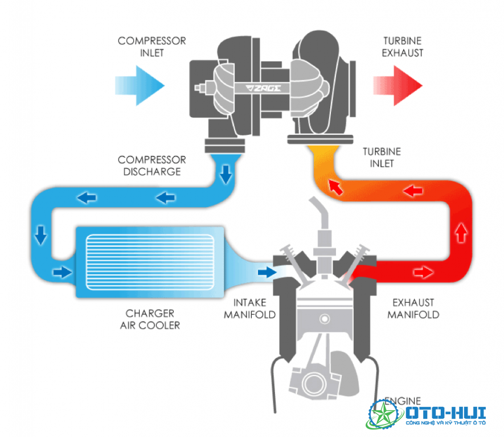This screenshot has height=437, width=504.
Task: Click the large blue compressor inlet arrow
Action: (140, 86)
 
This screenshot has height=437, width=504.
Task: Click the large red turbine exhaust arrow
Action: (398, 86)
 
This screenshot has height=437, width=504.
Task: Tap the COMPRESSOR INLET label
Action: (151, 47)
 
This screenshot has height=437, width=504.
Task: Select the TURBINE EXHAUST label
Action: (403, 47)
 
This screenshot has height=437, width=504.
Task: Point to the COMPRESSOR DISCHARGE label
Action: (151, 166)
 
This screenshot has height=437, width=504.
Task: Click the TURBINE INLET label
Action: (382, 158)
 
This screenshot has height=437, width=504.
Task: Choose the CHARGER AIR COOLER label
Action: (150, 319)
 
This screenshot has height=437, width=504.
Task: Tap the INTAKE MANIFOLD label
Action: (250, 308)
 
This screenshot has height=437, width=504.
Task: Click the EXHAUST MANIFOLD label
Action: (413, 308)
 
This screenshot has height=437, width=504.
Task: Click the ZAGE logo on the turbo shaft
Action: (263, 88)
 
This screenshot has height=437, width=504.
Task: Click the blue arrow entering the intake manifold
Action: (267, 273)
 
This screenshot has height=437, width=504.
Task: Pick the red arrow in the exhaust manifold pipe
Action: (424, 273)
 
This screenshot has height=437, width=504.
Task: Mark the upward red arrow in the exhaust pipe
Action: (461, 233)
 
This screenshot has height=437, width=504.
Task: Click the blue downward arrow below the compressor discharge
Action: (226, 175)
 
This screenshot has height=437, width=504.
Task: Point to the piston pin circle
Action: (325, 319)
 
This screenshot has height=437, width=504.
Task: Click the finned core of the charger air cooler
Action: (150, 262)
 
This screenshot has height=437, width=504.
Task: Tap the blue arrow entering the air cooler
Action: (62, 273)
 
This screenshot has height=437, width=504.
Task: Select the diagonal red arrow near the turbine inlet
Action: (335, 187)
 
